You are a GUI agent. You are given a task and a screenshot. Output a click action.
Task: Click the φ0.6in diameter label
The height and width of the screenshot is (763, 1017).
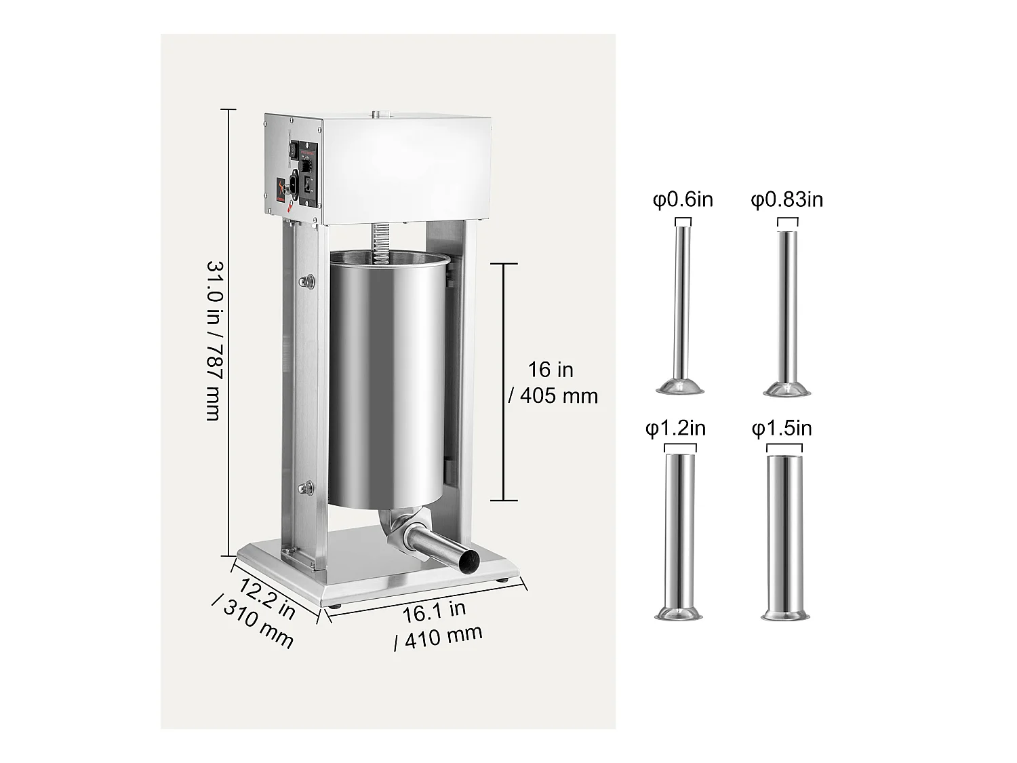click(x=683, y=200)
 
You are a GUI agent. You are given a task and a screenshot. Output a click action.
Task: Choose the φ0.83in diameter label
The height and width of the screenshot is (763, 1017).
click(x=786, y=200)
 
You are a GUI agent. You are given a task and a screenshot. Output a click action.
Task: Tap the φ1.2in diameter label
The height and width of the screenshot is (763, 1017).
click(x=675, y=429)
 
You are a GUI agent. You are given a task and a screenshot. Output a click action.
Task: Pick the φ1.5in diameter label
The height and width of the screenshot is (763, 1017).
click(x=782, y=429)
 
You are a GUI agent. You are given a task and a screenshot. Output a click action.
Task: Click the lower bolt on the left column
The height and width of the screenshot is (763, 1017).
click(x=308, y=486)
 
